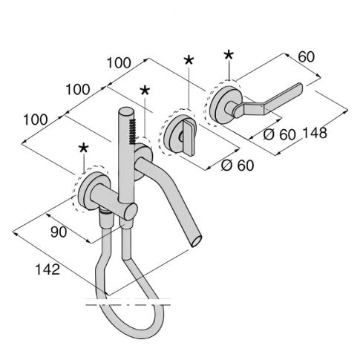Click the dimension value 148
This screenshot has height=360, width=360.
point(315,134)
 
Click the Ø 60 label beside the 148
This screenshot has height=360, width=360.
point(280,134)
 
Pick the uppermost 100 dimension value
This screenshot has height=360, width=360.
point(119,65)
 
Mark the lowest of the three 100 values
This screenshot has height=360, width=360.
point(38,119)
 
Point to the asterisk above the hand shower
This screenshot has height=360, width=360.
point(144,91)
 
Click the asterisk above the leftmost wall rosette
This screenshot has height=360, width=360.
point(83,148)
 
